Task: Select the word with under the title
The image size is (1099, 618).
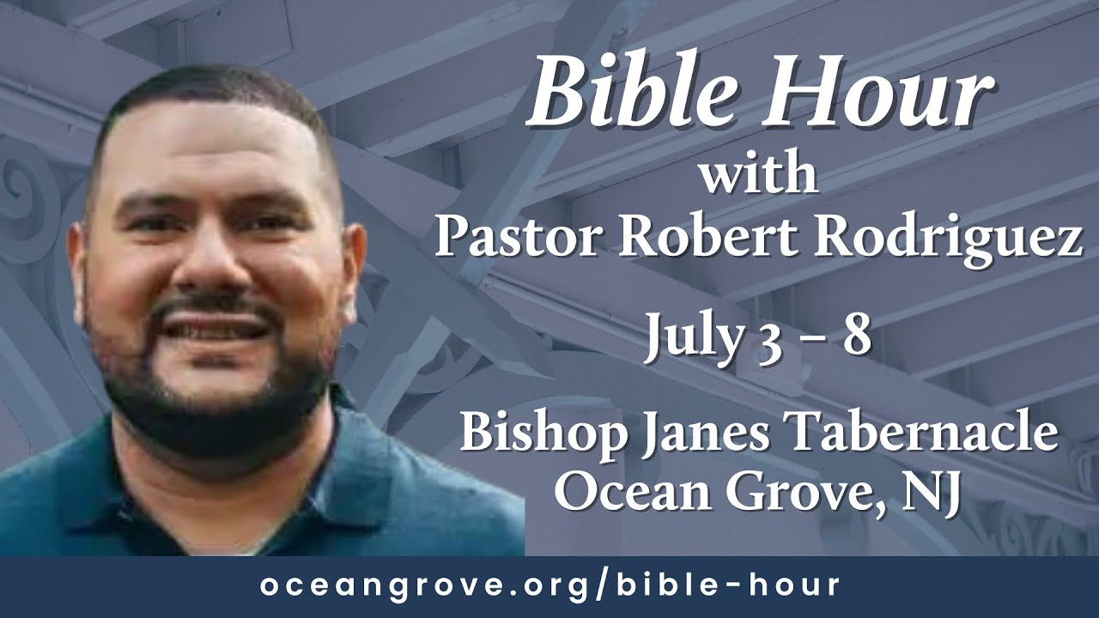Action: click(757, 178)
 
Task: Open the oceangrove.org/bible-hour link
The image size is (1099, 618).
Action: click(549, 586)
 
